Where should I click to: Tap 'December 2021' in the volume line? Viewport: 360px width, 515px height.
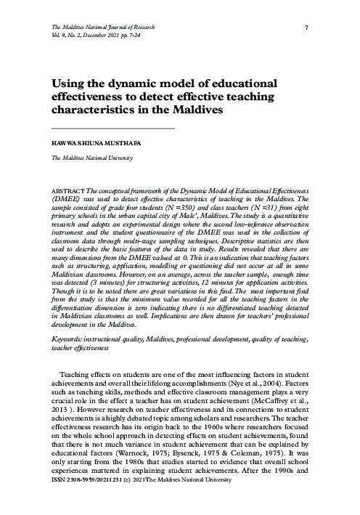click(107, 35)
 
